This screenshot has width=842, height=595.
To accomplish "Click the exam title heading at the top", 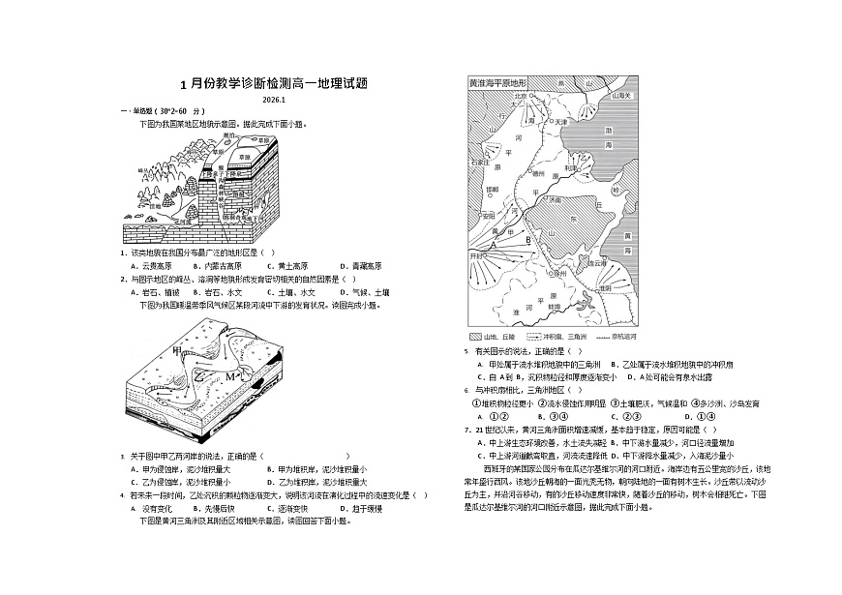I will coord(275,85).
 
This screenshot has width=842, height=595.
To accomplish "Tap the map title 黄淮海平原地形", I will coord(497,84).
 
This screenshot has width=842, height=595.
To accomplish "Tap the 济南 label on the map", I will coord(556,199).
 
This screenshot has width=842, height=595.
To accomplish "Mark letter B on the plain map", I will coord(528,238).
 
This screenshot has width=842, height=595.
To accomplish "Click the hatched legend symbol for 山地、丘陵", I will coord(475,336).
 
